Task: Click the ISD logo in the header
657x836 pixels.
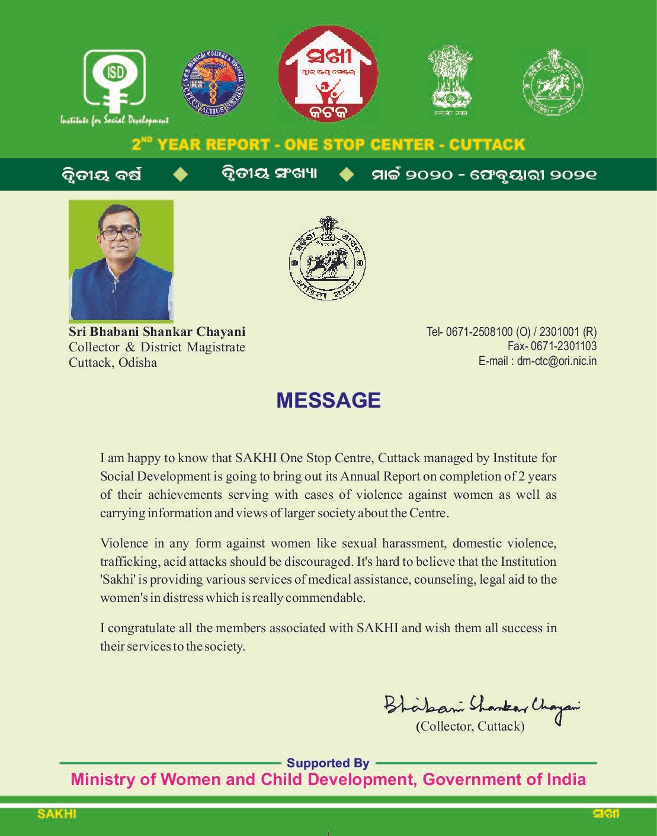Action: click(x=115, y=83)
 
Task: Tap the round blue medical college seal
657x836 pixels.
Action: click(x=213, y=83)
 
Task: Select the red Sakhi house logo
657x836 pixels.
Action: click(x=328, y=74)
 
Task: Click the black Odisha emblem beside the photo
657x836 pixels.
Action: click(x=327, y=258)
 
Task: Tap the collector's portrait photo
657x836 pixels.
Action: click(x=121, y=261)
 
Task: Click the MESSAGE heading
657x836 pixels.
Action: click(x=328, y=401)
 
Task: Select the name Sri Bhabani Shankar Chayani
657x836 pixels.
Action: click(x=157, y=332)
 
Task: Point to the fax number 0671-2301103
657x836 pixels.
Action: click(x=563, y=346)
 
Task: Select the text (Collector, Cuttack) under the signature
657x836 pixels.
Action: click(x=470, y=726)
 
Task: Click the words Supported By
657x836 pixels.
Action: click(x=328, y=763)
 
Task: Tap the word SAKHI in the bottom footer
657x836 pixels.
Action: click(x=57, y=814)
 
